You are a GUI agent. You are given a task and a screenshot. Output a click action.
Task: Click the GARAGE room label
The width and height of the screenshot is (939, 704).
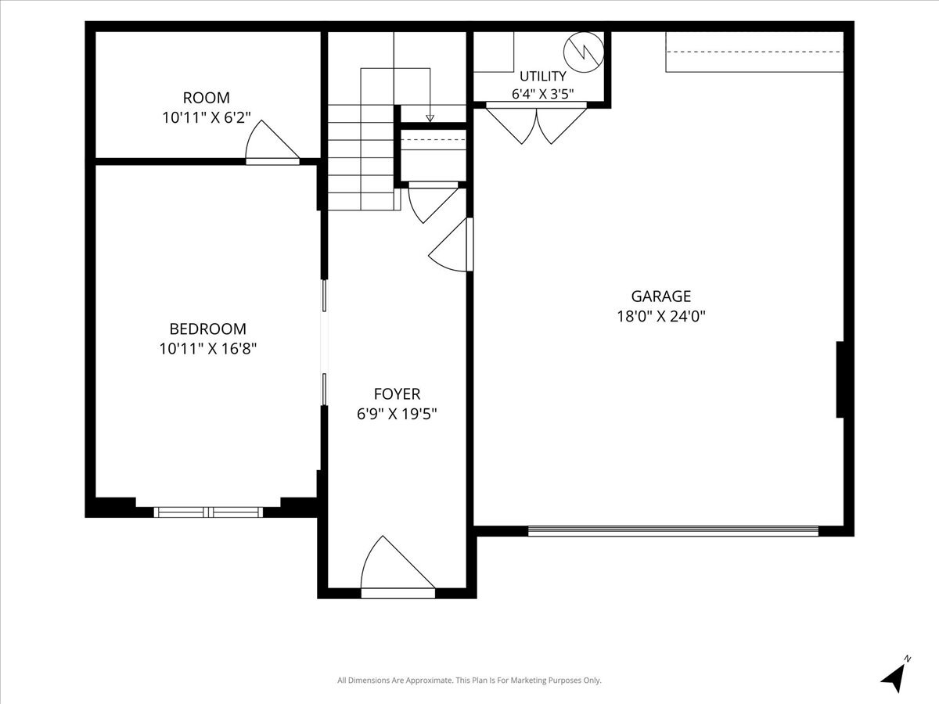pos(661,296)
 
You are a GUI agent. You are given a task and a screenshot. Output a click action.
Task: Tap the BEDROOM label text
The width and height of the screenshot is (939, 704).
pos(208,329)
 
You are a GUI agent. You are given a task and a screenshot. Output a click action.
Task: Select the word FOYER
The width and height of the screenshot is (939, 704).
pos(397,393)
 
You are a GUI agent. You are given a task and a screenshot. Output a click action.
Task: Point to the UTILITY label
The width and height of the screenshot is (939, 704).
pos(543,76)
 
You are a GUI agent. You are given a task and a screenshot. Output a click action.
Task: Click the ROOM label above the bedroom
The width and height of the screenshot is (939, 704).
pos(207,98)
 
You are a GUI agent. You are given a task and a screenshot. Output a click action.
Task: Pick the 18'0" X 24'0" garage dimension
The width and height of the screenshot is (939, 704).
pos(661,316)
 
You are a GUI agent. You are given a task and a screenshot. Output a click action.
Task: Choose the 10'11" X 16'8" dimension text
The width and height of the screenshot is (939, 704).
pos(208,349)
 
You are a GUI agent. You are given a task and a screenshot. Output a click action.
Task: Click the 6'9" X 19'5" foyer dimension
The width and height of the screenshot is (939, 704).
pos(397,414)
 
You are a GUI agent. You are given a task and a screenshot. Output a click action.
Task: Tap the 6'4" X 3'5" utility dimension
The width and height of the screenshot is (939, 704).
pos(543,94)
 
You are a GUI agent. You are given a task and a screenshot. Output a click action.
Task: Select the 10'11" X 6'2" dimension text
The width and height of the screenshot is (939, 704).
pos(207,117)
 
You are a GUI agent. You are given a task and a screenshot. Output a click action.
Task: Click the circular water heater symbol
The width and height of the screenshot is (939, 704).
pos(584,52)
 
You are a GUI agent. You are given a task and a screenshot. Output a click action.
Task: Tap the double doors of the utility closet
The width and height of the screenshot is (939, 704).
pos(536,123)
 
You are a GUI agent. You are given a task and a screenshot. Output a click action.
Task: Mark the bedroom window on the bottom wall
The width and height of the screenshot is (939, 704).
pos(208,512)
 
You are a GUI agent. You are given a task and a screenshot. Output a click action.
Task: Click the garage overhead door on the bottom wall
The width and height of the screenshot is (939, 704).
pos(673,531)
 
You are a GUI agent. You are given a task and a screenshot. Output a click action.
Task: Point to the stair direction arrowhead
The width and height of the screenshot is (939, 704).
pos(430,118)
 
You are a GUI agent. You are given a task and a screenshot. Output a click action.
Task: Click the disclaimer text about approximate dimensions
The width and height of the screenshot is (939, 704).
pos(469,680)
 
